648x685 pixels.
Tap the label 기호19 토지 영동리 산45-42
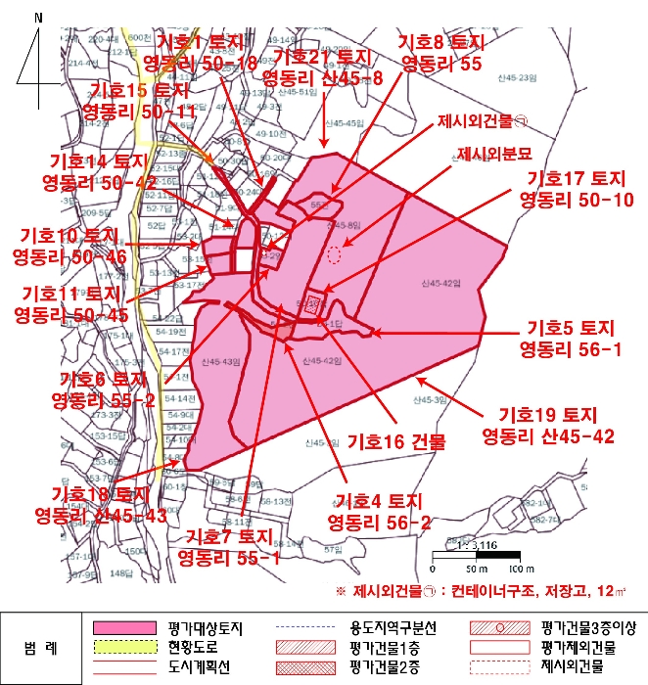point(548,425)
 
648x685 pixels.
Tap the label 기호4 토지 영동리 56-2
point(380,510)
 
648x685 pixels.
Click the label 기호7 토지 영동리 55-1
point(229,546)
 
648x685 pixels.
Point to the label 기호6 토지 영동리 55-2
point(107,388)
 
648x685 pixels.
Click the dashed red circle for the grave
point(335,255)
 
